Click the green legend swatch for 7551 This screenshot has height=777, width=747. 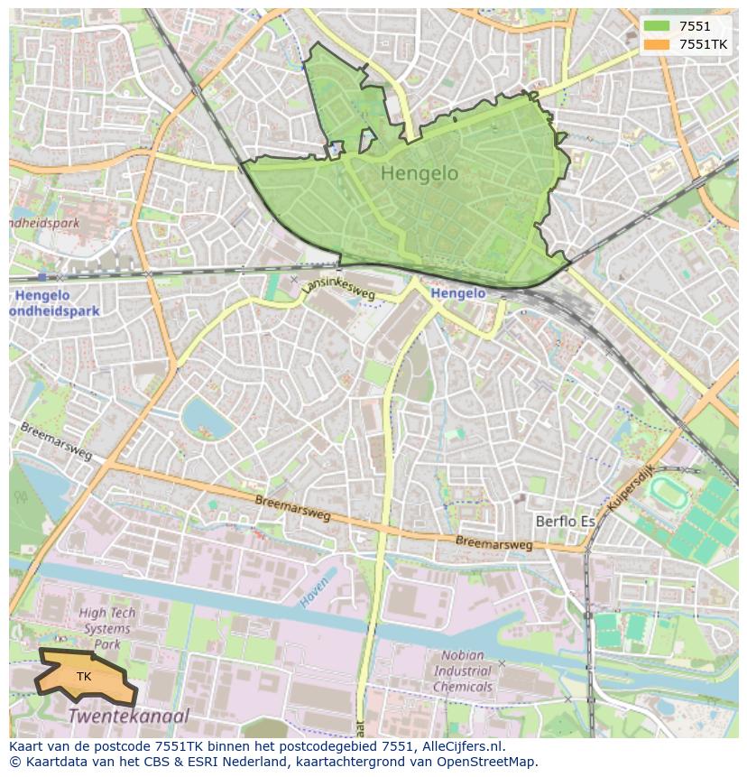[x=656, y=26]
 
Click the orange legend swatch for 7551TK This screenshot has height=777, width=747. [x=656, y=44]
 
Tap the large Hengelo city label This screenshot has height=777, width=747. [x=420, y=173]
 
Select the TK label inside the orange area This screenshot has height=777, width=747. [x=84, y=676]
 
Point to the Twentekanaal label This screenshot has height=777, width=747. [x=129, y=717]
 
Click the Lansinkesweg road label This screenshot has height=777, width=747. [x=339, y=286]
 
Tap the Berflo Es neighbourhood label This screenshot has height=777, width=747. [x=566, y=522]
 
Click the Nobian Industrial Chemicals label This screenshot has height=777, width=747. [x=463, y=671]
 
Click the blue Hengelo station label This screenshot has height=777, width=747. [x=458, y=293]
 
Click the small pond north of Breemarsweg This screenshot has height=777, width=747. [x=202, y=417]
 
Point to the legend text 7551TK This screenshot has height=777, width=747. [x=703, y=44]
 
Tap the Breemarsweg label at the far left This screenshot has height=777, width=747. [x=56, y=440]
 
